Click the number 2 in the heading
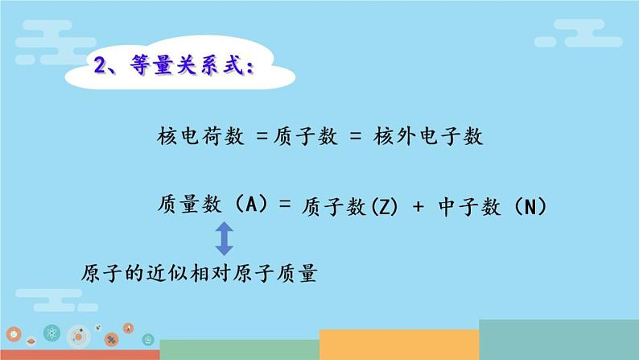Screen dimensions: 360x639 click(x=102, y=66)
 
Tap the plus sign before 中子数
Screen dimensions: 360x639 click(x=417, y=207)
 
